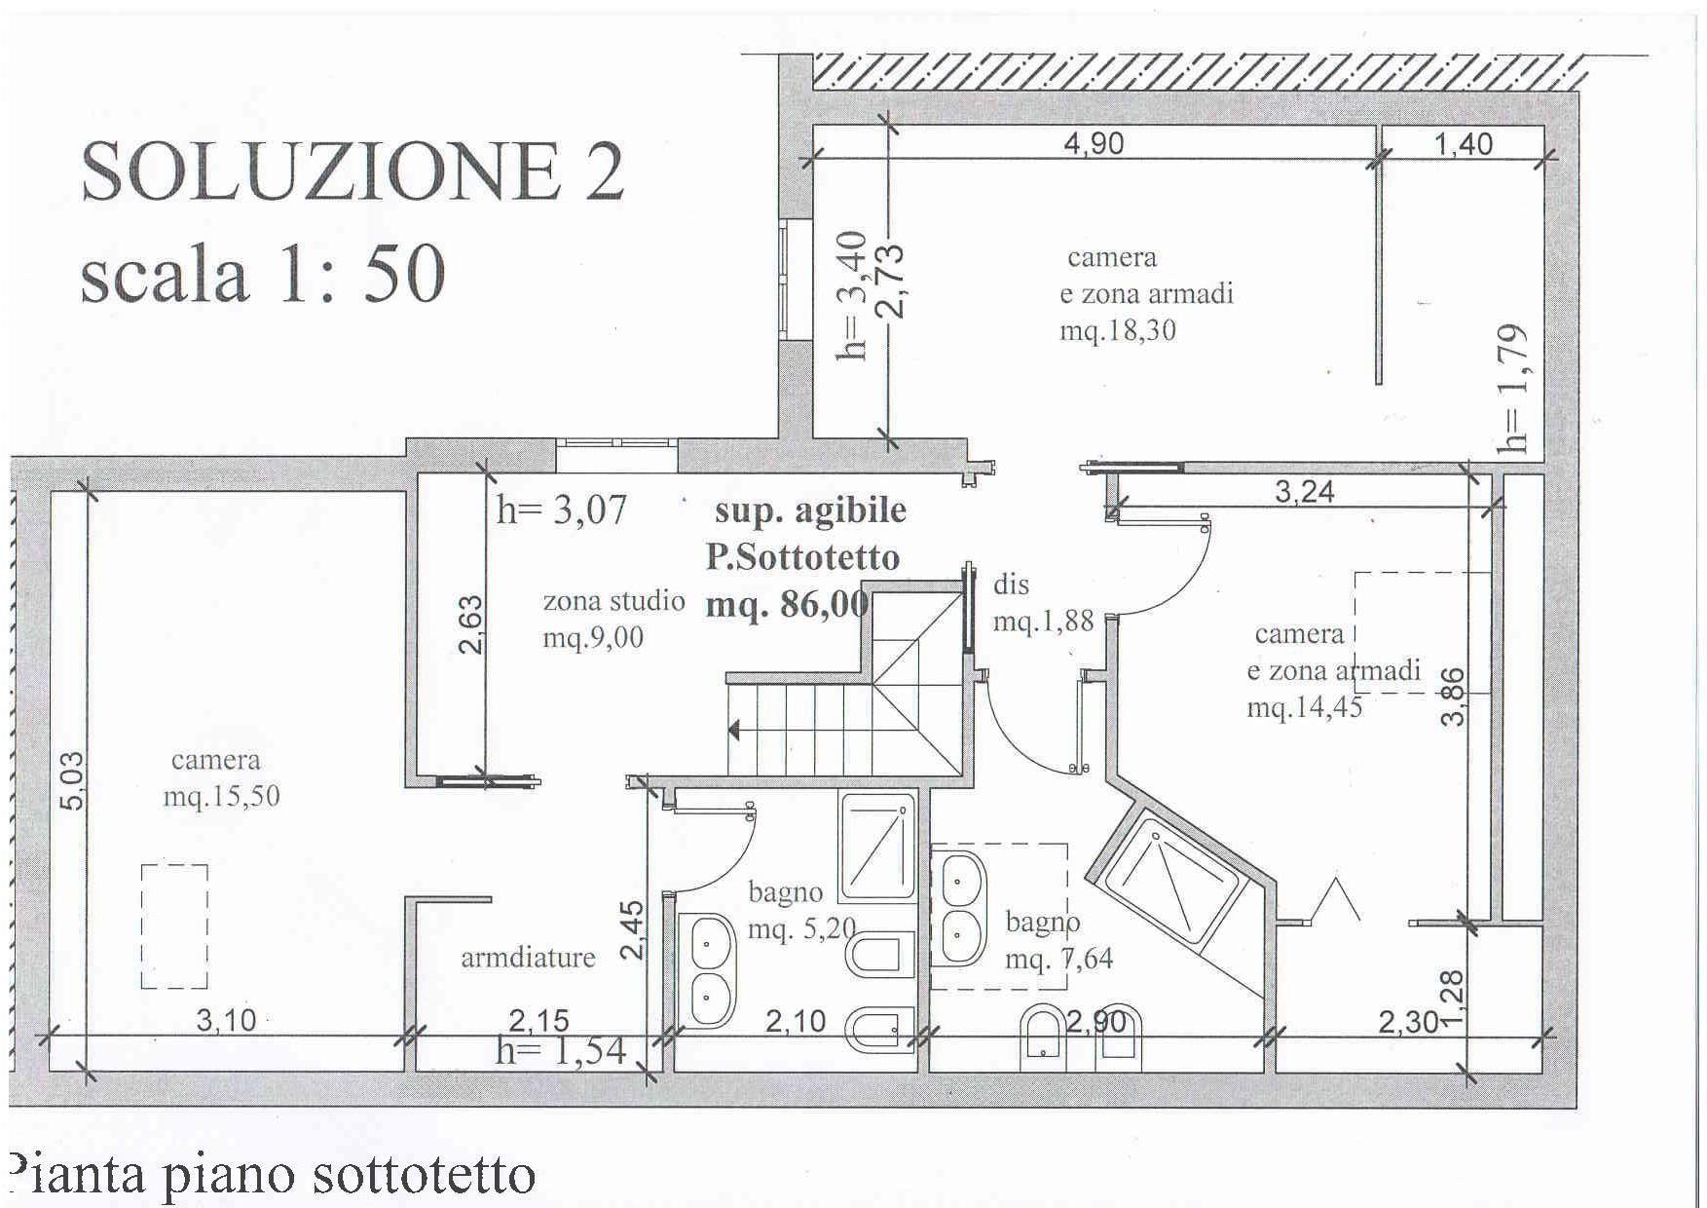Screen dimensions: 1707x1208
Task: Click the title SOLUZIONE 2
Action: [352, 171]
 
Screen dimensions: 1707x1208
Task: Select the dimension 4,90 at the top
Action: [1094, 143]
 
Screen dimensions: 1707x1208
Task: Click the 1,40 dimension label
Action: [1464, 144]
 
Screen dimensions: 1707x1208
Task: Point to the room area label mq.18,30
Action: [1118, 331]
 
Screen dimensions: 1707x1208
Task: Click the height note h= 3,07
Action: [561, 510]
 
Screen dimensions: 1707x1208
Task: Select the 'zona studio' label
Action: [613, 601]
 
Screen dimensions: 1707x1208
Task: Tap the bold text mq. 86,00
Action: [787, 605]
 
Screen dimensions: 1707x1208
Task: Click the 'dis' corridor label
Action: [1011, 585]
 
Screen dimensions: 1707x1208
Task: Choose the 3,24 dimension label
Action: [1305, 491]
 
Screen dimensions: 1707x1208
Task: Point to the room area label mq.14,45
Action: [1305, 707]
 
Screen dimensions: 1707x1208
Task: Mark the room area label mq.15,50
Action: [221, 797]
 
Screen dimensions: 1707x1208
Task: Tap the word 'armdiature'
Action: [528, 958]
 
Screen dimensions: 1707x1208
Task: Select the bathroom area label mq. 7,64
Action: [1058, 960]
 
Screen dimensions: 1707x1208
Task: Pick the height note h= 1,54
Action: [561, 1052]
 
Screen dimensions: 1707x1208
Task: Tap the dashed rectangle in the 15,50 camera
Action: [174, 926]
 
